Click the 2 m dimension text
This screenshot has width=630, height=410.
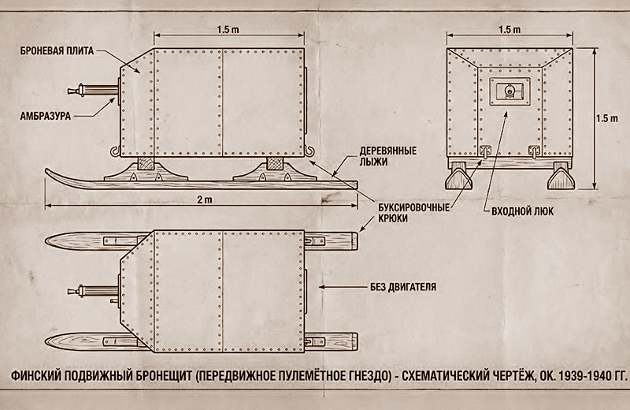tap(206, 202)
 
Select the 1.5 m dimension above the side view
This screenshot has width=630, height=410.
tap(228, 28)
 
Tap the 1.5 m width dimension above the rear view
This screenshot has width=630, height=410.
tap(510, 28)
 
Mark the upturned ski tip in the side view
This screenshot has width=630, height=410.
tap(54, 173)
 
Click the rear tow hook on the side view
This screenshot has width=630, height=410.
tap(309, 150)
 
